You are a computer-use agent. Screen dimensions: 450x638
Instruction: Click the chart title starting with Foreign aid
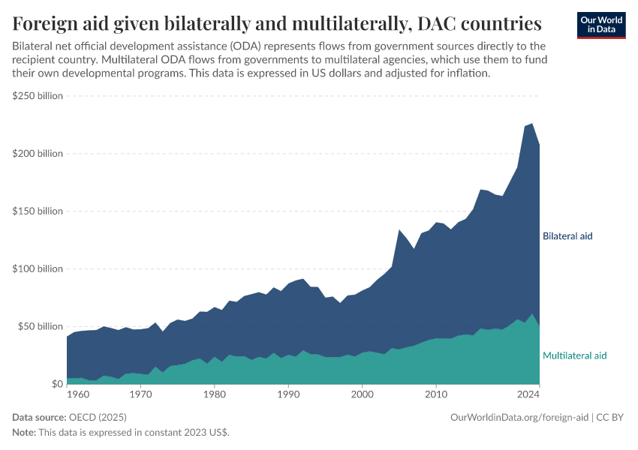tap(277, 24)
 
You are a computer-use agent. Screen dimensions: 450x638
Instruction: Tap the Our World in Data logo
tap(600, 25)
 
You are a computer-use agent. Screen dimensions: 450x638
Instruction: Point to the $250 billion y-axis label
tap(38, 96)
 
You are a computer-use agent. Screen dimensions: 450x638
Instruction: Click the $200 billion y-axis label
tap(38, 154)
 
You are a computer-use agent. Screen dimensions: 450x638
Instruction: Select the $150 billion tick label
tap(38, 211)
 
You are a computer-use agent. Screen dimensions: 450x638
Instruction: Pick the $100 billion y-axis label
tap(38, 268)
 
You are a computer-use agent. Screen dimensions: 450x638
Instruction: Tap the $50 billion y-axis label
tap(40, 326)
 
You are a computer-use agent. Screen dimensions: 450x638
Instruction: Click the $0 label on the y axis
tap(57, 384)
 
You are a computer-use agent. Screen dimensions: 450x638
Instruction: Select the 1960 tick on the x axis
tap(77, 393)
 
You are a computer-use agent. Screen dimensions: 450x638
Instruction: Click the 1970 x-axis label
tap(140, 393)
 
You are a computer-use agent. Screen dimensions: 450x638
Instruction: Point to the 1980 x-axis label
tap(214, 393)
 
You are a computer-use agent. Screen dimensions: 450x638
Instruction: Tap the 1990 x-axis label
tap(288, 393)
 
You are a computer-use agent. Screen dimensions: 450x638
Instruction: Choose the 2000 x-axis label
tap(362, 393)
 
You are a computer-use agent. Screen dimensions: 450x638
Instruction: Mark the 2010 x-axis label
tap(436, 393)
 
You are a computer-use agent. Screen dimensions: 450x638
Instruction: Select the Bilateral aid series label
tap(567, 235)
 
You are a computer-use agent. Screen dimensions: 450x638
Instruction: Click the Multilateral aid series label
tap(574, 355)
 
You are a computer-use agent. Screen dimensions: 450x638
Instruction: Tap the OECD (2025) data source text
tap(97, 417)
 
